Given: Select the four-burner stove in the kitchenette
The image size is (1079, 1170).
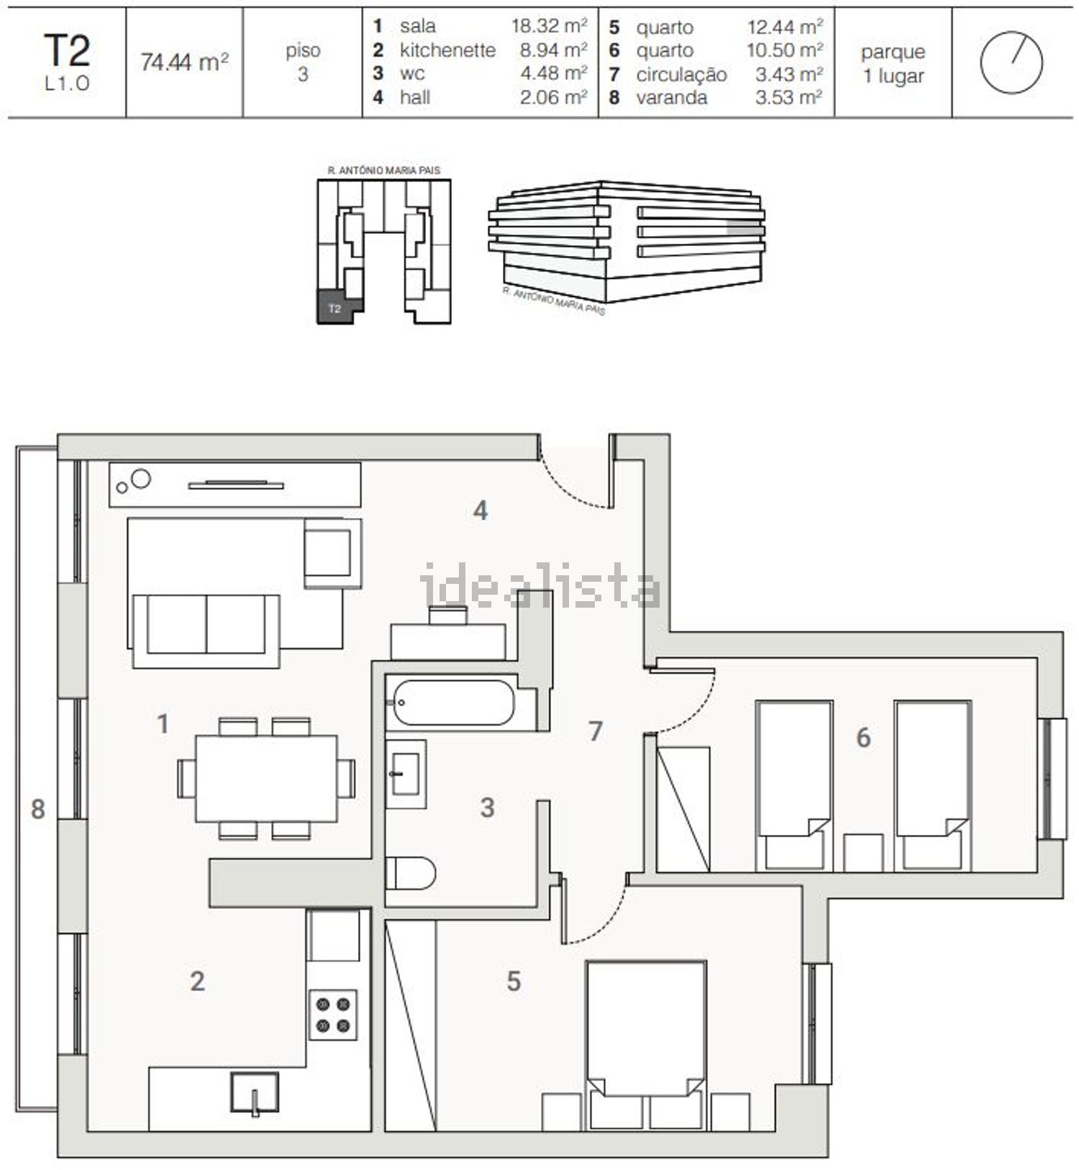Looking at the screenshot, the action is click(333, 1014).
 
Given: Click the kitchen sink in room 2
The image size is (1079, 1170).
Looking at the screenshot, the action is click(255, 1094).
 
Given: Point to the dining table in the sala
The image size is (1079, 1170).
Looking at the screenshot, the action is click(266, 778).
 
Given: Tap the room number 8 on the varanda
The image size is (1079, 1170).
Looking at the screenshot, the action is click(37, 809).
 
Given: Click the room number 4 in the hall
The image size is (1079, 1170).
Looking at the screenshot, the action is click(481, 511).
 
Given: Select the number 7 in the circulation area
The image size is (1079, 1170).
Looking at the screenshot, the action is click(596, 731).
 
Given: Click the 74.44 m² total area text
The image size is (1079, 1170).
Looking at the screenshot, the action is click(185, 63).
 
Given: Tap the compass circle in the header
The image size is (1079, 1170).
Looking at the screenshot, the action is click(1011, 63).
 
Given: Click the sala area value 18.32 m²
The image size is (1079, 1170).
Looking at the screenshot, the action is click(550, 26).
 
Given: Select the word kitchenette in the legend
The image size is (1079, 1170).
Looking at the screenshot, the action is click(447, 50).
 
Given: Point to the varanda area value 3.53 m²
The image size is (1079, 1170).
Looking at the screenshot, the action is click(788, 97).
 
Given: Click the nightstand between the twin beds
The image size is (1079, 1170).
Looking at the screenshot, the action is click(863, 853).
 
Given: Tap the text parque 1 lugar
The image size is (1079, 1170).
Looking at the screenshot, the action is click(893, 64).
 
